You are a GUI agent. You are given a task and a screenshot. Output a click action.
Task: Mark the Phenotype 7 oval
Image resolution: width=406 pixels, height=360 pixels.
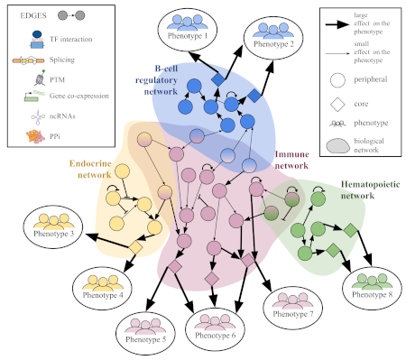[291, 308]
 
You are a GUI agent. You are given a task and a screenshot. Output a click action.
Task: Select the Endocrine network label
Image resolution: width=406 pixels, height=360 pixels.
[95, 169]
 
